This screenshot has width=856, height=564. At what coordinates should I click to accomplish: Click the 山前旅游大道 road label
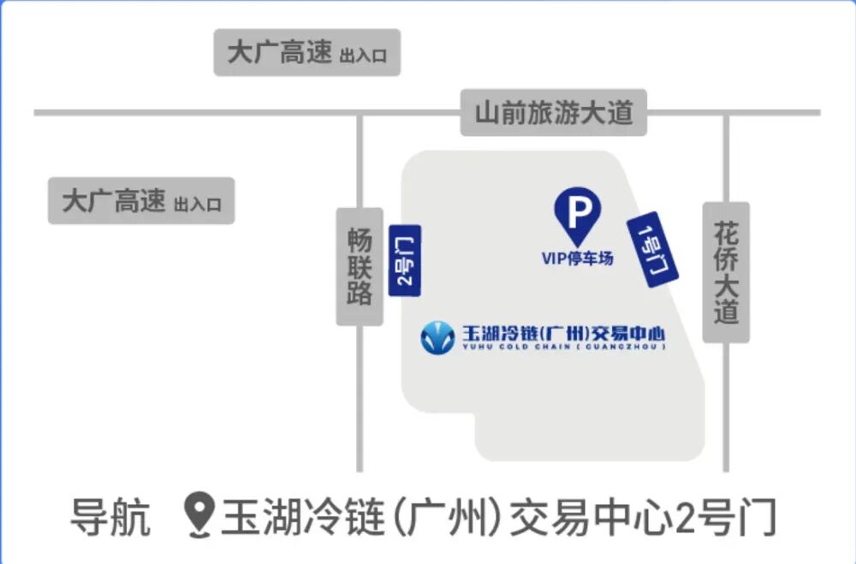click(x=553, y=112)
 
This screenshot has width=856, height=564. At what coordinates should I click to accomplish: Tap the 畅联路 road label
click(x=360, y=266)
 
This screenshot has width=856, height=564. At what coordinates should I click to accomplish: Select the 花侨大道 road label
click(x=726, y=272)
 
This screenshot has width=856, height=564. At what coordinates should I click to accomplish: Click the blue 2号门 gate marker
click(x=405, y=260)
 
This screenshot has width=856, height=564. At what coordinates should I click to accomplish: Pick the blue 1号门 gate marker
click(x=652, y=248)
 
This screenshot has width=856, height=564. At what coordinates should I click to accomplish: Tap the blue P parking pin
click(x=578, y=214)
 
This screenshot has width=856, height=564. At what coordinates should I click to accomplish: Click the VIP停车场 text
click(x=578, y=258)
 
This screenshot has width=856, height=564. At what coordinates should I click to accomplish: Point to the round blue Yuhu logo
click(x=437, y=337)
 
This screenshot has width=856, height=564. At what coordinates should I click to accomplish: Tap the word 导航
click(x=110, y=517)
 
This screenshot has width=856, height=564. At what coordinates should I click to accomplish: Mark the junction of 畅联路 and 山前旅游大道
click(x=360, y=112)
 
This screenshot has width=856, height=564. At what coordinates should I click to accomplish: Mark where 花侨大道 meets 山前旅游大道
click(x=726, y=112)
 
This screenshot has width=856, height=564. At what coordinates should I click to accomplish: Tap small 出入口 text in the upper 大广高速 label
click(x=363, y=56)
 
